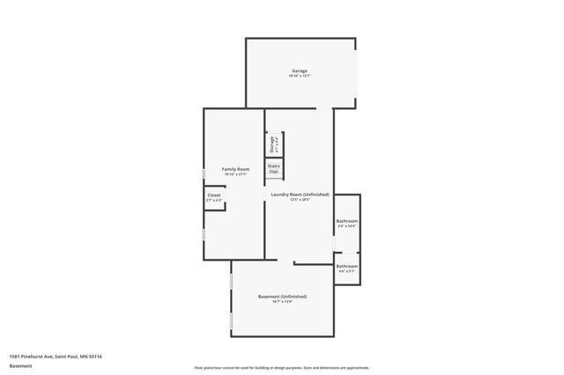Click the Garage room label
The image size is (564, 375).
[300, 70]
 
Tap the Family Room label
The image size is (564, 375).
[235, 168]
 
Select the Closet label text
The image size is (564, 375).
[214, 195]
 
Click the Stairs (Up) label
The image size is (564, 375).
[274, 167]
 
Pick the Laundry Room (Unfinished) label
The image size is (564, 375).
[300, 194]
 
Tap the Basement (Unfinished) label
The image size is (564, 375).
[282, 297]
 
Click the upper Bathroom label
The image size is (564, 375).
[346, 220]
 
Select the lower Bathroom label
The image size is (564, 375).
[346, 265]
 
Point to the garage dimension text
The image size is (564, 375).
[300, 76]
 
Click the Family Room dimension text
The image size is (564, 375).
[235, 173]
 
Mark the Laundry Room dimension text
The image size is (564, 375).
[300, 200]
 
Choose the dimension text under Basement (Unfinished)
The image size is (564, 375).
[282, 303]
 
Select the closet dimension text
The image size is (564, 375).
[214, 201]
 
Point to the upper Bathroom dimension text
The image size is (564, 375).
[346, 226]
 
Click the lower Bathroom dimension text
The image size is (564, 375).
[346, 270]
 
